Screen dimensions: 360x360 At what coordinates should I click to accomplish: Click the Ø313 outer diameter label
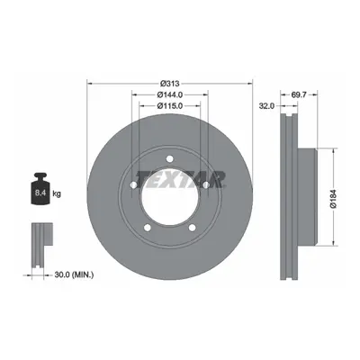click(169, 84)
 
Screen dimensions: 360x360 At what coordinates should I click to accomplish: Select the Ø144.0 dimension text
click(170, 94)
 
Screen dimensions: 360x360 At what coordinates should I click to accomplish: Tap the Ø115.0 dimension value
click(170, 106)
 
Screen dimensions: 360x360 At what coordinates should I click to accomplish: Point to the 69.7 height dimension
click(299, 94)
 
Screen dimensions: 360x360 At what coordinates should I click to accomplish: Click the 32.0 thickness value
click(267, 106)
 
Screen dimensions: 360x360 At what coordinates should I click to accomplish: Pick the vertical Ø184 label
click(333, 199)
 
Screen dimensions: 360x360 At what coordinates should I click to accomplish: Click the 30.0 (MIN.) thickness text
click(74, 274)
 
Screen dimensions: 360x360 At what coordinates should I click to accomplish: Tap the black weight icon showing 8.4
click(40, 189)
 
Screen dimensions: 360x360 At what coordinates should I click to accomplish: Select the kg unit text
click(57, 193)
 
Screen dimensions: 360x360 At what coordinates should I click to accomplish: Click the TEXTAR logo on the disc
click(181, 179)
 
